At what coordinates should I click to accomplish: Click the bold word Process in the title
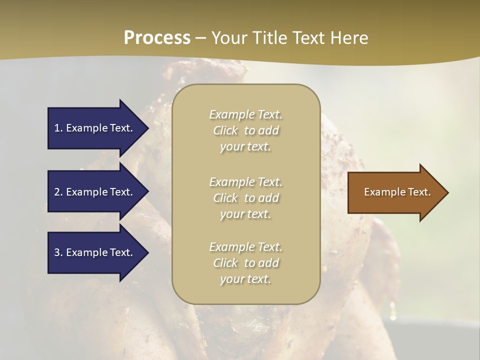click(x=157, y=38)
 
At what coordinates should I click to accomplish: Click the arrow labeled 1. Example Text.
click(x=95, y=128)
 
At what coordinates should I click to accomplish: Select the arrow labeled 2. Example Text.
click(x=95, y=192)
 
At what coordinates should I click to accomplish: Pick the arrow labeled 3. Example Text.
click(x=95, y=252)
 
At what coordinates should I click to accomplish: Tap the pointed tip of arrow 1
click(x=147, y=128)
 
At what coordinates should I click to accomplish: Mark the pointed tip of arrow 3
click(x=147, y=252)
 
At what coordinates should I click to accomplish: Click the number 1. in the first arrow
click(x=58, y=128)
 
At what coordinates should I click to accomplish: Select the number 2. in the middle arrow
click(x=58, y=192)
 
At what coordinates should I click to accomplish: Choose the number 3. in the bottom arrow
click(x=58, y=252)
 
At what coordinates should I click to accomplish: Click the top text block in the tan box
click(x=245, y=130)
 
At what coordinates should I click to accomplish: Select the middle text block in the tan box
click(x=245, y=198)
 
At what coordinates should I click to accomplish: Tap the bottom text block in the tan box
click(x=245, y=263)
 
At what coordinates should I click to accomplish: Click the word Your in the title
click(x=227, y=38)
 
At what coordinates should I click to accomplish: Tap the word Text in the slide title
click(x=308, y=38)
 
